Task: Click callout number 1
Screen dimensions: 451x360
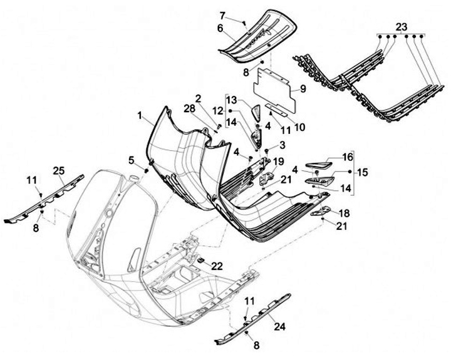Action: (x=141, y=116)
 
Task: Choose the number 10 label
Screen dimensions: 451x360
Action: (x=299, y=127)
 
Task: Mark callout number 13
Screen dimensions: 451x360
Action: (x=232, y=101)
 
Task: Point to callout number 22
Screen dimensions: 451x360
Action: (x=217, y=265)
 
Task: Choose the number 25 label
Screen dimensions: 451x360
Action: (x=58, y=170)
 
